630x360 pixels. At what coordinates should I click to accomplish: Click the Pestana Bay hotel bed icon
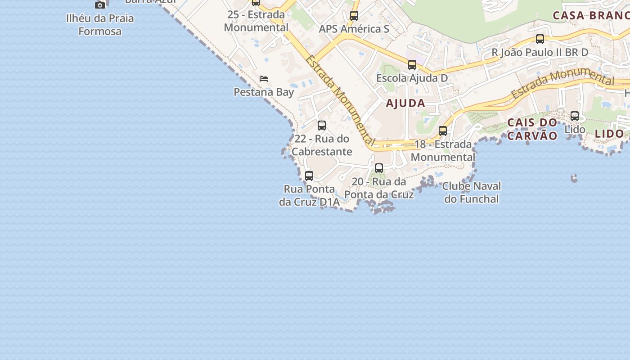pos(264,79)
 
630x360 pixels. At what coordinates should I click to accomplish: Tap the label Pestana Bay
pos(264,92)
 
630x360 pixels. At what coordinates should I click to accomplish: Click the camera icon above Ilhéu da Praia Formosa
pos(100,5)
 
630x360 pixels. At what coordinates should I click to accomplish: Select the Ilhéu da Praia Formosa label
pos(100,25)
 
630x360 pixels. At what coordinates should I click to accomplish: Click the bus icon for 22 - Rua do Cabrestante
pos(322,126)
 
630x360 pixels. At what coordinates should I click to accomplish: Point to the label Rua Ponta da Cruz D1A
pos(309,196)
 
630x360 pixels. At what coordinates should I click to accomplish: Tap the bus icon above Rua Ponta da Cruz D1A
pos(309,176)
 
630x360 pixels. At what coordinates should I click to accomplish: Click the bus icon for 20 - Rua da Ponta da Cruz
pos(379,168)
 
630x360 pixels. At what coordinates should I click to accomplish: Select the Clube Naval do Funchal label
pos(472,193)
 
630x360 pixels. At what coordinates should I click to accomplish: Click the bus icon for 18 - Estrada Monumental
pos(443,131)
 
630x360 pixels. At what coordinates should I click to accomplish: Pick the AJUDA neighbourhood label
pos(405,103)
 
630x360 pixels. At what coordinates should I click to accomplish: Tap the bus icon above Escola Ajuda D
pos(412,65)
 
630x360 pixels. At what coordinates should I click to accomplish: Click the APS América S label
pos(354,29)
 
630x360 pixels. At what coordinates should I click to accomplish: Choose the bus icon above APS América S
pos(354,16)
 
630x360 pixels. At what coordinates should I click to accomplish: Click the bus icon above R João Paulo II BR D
pos(540,39)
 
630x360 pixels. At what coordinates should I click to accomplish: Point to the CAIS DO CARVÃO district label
pos(532,129)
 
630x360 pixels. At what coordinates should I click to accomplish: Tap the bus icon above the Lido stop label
pos(575,116)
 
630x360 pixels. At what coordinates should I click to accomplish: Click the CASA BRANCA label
pos(591,16)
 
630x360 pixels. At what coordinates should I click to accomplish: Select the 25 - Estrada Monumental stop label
pos(256,21)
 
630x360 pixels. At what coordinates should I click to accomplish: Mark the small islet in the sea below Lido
pos(574,179)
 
